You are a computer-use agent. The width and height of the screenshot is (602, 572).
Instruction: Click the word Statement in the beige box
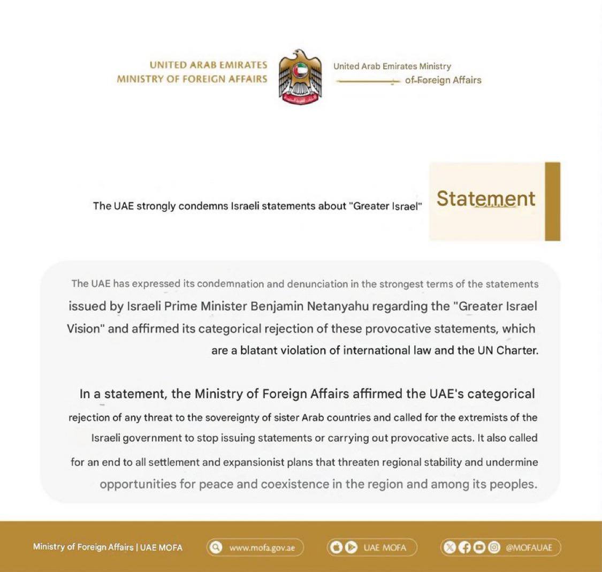pos(485,199)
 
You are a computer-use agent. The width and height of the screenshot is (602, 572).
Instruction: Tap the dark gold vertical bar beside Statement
pos(552,202)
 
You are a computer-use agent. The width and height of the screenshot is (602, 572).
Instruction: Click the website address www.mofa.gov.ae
pos(262,548)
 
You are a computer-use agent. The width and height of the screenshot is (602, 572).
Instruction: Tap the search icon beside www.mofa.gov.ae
pos(216,547)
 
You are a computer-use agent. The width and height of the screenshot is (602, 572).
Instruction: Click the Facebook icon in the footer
pos(465,547)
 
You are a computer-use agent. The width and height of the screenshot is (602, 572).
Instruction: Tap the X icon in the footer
pos(451,547)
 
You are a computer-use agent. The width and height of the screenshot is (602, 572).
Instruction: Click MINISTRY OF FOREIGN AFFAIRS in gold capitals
pos(192,79)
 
